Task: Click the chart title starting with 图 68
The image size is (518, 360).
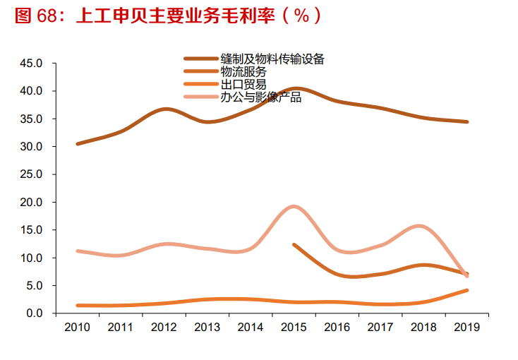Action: [169, 16]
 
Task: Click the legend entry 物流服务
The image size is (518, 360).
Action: [243, 72]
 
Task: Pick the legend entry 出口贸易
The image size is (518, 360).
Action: [243, 85]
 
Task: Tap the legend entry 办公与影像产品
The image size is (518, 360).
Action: [260, 97]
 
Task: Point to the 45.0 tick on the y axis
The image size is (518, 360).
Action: [32, 64]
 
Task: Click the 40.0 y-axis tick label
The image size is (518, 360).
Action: [32, 91]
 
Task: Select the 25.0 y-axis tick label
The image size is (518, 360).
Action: [32, 174]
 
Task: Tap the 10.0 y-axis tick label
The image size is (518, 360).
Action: [32, 258]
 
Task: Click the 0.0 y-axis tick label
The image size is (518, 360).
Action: [35, 313]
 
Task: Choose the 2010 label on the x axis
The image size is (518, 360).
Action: [77, 328]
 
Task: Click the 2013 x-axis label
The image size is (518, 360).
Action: [207, 328]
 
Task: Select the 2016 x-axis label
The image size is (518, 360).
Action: [337, 328]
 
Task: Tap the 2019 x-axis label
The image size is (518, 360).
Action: [466, 328]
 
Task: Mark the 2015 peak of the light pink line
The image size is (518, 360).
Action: [294, 206]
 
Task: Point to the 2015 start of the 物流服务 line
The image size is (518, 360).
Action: [294, 244]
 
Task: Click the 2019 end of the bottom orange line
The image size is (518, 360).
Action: [466, 290]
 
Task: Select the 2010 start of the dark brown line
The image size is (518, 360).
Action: [77, 144]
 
